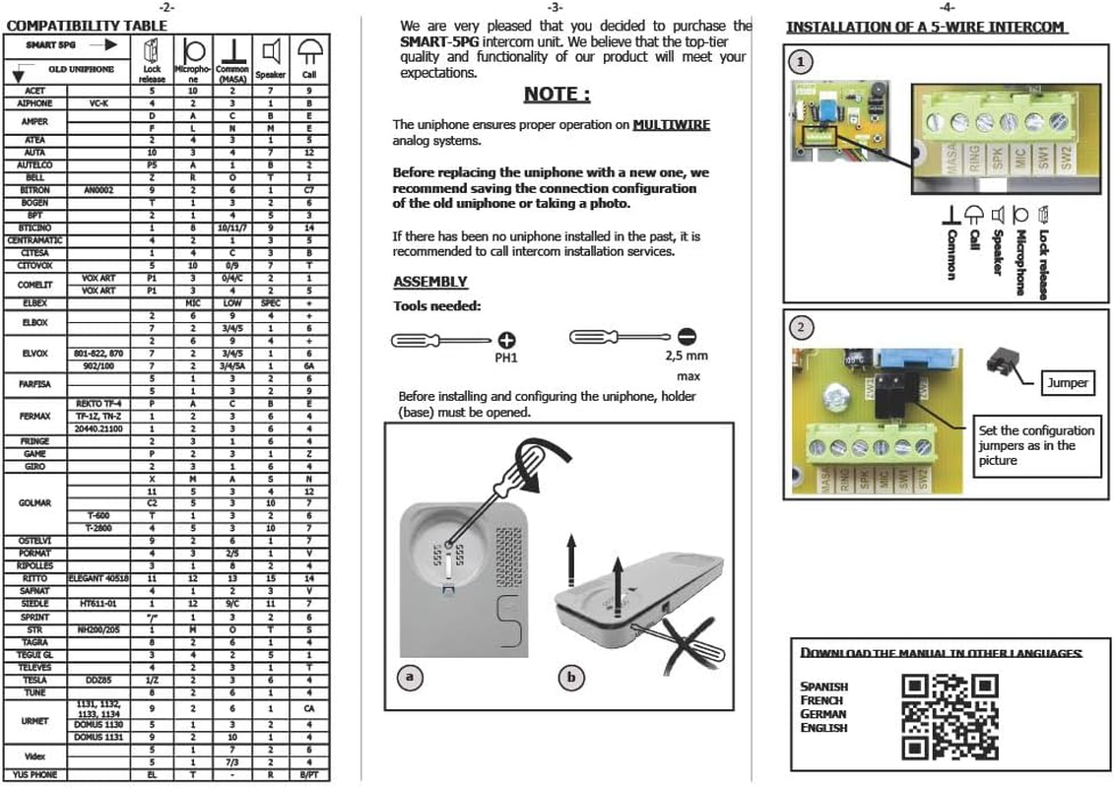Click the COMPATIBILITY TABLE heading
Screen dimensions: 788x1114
click(x=75, y=26)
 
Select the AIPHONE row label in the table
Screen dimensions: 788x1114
click(x=34, y=103)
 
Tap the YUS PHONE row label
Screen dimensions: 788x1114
click(x=34, y=775)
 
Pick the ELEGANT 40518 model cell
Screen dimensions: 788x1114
click(x=98, y=578)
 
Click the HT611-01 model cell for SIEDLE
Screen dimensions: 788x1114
click(x=98, y=603)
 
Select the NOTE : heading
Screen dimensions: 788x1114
click(x=557, y=95)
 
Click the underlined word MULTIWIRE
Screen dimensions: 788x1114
click(x=671, y=125)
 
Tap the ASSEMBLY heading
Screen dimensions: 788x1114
click(x=430, y=283)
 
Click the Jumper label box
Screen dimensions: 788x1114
click(x=1067, y=382)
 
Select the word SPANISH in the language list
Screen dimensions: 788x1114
click(x=823, y=687)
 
